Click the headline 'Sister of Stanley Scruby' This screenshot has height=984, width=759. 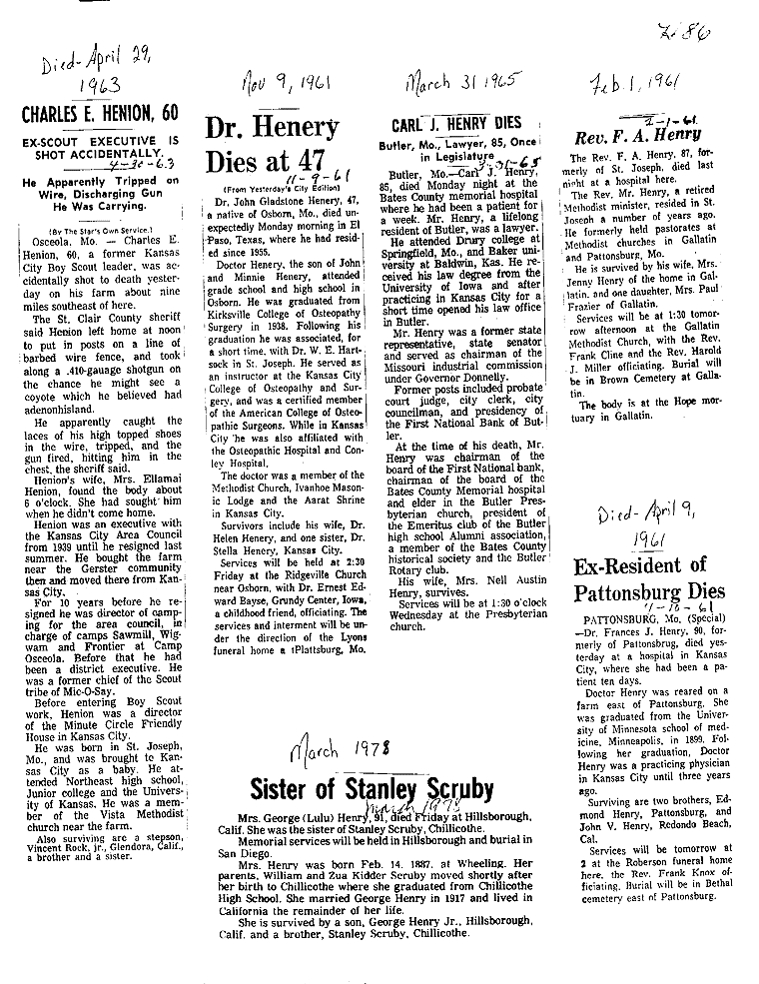[x=372, y=788]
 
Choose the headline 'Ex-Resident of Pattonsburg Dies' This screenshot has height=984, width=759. [x=653, y=580]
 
